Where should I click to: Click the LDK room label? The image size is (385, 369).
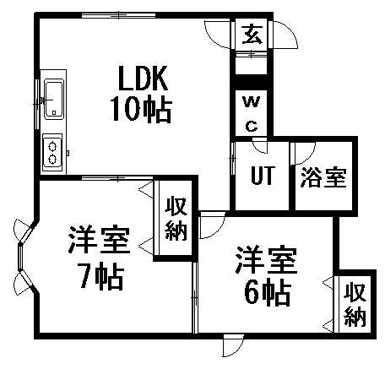pyautogui.click(x=143, y=78)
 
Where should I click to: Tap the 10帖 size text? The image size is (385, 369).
pyautogui.click(x=142, y=110)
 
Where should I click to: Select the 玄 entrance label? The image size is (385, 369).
pyautogui.click(x=252, y=34)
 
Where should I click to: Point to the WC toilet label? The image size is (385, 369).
pyautogui.click(x=252, y=114)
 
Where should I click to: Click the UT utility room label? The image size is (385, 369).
pyautogui.click(x=263, y=175)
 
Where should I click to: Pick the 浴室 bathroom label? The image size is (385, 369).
pyautogui.click(x=323, y=177)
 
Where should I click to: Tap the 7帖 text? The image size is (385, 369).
pyautogui.click(x=102, y=276)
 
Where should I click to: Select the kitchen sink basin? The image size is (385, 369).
pyautogui.click(x=53, y=98)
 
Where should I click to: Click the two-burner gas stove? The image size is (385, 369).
pyautogui.click(x=52, y=152)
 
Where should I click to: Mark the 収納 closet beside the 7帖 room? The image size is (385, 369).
pyautogui.click(x=176, y=219)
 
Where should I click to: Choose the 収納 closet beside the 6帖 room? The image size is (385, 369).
pyautogui.click(x=355, y=305)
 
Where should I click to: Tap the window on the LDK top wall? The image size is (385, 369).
pyautogui.click(x=118, y=14)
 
